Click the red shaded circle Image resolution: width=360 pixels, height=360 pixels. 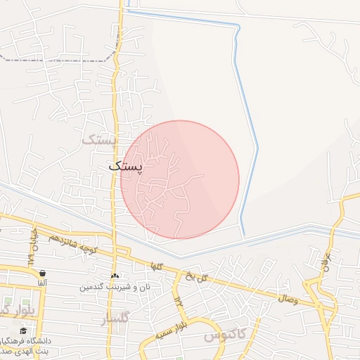click(x=180, y=179)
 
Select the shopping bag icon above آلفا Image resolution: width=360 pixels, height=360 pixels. click(x=43, y=274)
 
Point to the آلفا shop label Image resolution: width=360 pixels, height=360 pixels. click(x=42, y=283)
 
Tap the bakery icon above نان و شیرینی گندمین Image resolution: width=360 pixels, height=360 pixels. click(x=115, y=276)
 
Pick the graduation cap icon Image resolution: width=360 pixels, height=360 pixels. click(x=23, y=330)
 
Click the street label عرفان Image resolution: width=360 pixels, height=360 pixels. click(x=324, y=264)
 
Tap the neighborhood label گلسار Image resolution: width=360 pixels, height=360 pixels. click(x=115, y=319)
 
